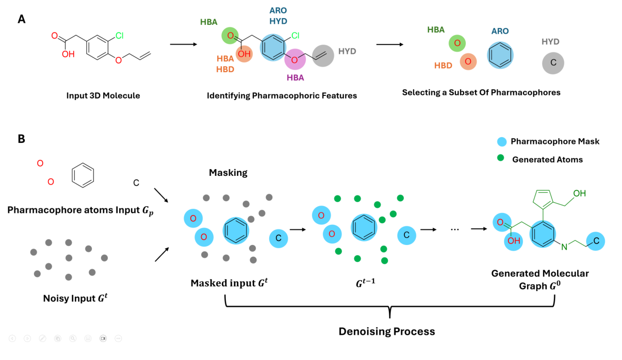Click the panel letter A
22,19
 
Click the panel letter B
22,139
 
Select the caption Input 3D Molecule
103,96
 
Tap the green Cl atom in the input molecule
119,36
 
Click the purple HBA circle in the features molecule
295,60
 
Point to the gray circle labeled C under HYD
552,63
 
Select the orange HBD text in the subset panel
443,66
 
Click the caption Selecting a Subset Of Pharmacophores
481,93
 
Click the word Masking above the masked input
228,173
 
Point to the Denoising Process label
386,331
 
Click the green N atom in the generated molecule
564,247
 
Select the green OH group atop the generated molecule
579,193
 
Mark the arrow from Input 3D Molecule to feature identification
183,44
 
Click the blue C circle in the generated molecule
596,241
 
